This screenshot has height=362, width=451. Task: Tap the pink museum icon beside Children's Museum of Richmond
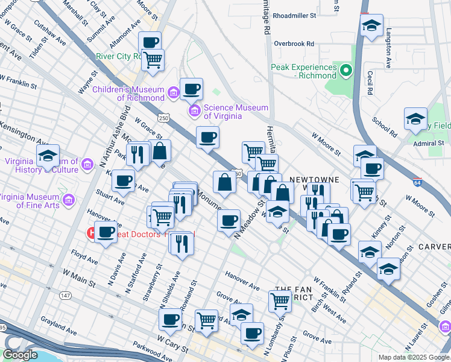pyautogui.click(x=173, y=92)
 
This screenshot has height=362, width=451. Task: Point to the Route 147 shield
pyautogui.click(x=66, y=294)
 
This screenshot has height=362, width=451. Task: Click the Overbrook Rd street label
pyautogui.click(x=294, y=43)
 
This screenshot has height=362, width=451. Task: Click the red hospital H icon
pyautogui.click(x=92, y=232)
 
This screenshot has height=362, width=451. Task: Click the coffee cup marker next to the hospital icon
pyautogui.click(x=107, y=231)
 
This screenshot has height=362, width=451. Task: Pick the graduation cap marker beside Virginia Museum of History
pyautogui.click(x=48, y=156)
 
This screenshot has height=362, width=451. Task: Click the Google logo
pyautogui.click(x=20, y=355)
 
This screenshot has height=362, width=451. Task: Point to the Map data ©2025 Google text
pyautogui.click(x=413, y=357)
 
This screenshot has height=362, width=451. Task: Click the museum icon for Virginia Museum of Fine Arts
pyautogui.click(x=68, y=200)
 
